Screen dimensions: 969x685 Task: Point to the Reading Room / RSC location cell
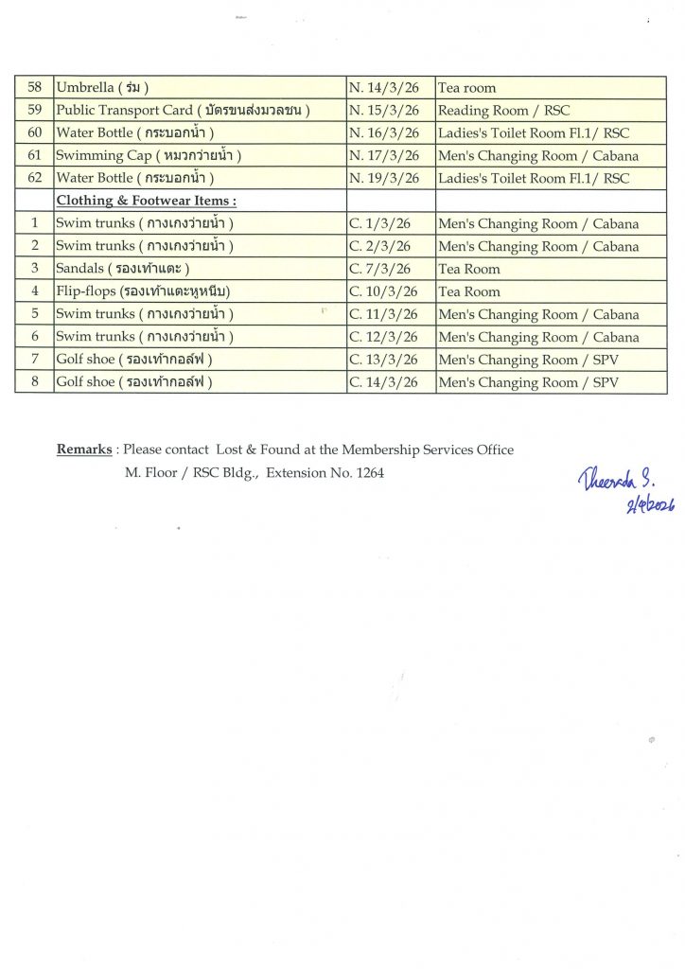click(502, 111)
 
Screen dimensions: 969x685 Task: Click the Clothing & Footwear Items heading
click(147, 202)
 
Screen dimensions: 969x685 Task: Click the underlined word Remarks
click(84, 450)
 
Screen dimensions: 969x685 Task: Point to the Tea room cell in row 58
click(467, 88)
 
